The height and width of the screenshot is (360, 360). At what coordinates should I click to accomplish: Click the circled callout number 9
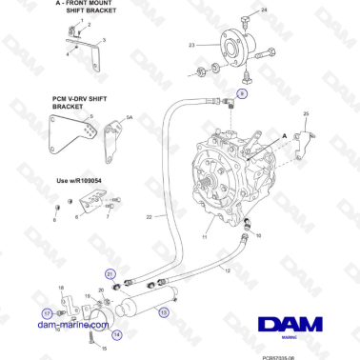click(242, 95)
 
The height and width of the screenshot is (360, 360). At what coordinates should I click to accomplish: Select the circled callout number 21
click(110, 275)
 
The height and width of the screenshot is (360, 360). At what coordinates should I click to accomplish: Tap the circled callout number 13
click(164, 310)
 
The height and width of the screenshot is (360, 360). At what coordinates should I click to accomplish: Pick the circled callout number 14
click(117, 334)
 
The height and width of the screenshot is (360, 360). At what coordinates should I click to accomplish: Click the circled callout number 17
click(46, 311)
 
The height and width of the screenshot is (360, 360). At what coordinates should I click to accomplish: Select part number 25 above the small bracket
click(306, 114)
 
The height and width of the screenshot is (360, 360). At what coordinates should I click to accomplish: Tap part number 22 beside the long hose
click(149, 218)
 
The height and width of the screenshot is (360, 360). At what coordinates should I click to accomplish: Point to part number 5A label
click(130, 117)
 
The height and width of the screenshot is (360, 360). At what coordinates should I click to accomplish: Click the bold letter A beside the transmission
click(283, 136)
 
